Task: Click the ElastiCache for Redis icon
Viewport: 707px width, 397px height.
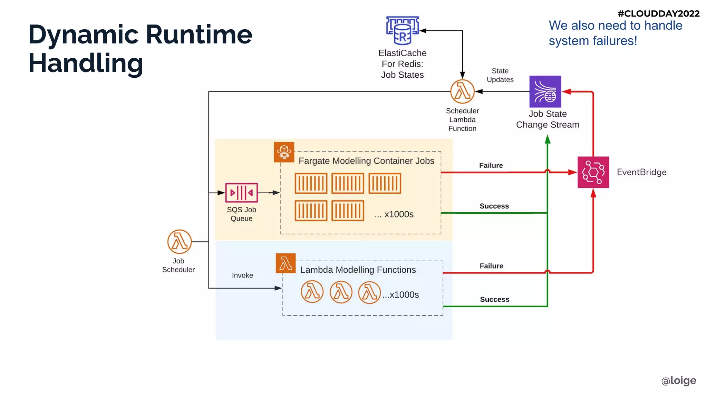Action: click(402, 30)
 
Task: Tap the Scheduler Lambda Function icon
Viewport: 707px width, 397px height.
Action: click(462, 91)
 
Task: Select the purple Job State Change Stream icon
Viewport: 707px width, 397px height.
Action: click(545, 91)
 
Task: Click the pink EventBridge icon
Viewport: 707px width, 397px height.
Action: click(593, 172)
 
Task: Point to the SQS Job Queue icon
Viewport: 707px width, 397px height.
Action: click(241, 193)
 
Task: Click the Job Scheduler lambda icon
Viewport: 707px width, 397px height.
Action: click(179, 242)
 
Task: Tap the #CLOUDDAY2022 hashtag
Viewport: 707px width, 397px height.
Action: click(658, 13)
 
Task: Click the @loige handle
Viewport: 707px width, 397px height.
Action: click(678, 380)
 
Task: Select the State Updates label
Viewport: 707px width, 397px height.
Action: click(500, 75)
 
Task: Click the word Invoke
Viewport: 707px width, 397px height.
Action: click(242, 275)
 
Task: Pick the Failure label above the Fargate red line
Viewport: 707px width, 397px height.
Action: click(491, 165)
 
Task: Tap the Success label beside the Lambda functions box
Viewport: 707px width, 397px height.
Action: click(494, 299)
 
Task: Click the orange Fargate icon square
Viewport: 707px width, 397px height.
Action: click(284, 152)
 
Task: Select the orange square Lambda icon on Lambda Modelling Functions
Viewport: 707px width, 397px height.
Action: click(285, 263)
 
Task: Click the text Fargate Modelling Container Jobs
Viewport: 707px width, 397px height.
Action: click(366, 161)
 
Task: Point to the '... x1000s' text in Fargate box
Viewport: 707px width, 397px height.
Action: click(394, 214)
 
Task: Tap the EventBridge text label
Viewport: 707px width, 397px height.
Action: click(641, 172)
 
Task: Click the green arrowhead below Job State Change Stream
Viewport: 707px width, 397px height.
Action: click(548, 139)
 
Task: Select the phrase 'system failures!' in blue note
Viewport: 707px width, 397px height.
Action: click(593, 41)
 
